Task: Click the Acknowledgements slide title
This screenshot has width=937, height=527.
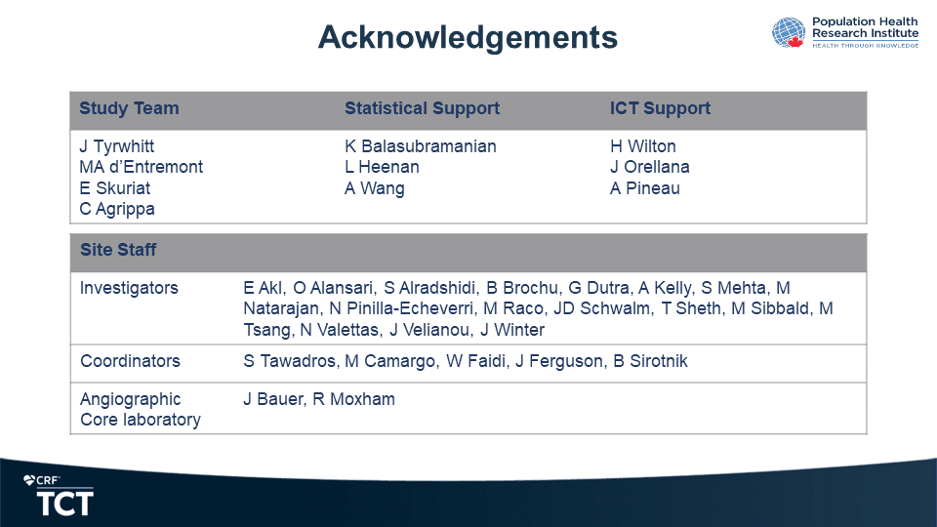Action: click(468, 38)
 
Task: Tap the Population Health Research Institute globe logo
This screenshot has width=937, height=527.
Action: click(789, 32)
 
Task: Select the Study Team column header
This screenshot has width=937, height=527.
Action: click(129, 108)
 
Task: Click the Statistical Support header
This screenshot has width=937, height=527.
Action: click(422, 108)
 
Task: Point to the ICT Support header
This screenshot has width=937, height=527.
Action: click(660, 108)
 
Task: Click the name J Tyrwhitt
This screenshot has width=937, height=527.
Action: click(116, 147)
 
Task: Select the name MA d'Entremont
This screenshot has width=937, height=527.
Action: click(141, 167)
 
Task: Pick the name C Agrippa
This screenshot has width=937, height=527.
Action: click(117, 209)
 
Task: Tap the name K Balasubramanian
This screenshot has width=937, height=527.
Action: click(420, 146)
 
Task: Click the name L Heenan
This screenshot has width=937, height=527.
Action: click(382, 167)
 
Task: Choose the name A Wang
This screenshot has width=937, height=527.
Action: click(375, 188)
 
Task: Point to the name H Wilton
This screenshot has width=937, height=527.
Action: click(643, 146)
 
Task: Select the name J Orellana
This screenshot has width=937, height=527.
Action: click(650, 167)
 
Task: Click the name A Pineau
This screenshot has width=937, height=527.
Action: click(645, 188)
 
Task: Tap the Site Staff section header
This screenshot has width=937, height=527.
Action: click(118, 250)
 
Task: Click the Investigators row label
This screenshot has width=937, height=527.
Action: click(129, 288)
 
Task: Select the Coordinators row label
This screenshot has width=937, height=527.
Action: click(130, 361)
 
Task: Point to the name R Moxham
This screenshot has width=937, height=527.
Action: click(353, 399)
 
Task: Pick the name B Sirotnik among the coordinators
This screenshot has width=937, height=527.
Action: click(650, 361)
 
